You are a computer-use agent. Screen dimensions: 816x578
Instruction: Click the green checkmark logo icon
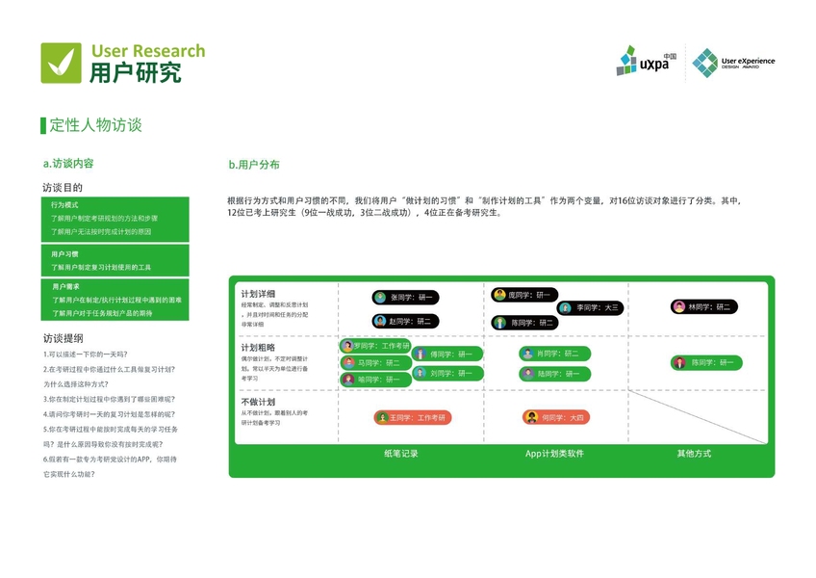point(61,63)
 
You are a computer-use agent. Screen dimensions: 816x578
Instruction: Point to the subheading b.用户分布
point(254,165)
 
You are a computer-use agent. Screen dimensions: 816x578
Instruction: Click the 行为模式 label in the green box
point(64,205)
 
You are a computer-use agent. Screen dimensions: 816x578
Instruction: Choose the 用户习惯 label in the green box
point(64,254)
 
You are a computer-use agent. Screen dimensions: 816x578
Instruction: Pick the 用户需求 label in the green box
point(64,287)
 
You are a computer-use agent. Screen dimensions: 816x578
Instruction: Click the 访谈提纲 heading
point(63,338)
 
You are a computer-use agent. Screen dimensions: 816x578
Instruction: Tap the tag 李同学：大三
point(590,308)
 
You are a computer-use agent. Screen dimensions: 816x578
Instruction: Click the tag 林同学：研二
point(704,307)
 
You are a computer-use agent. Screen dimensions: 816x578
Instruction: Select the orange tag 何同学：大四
point(555,417)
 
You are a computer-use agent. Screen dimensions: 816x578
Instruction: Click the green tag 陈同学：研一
point(704,363)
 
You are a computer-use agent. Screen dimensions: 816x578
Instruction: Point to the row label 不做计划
point(258,402)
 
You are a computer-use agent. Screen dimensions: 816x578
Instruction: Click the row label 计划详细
point(258,293)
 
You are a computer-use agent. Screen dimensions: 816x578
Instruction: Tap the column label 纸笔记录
point(400,454)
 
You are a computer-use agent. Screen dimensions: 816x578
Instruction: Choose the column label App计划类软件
point(554,454)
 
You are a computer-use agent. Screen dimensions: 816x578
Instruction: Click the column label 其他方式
point(694,454)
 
